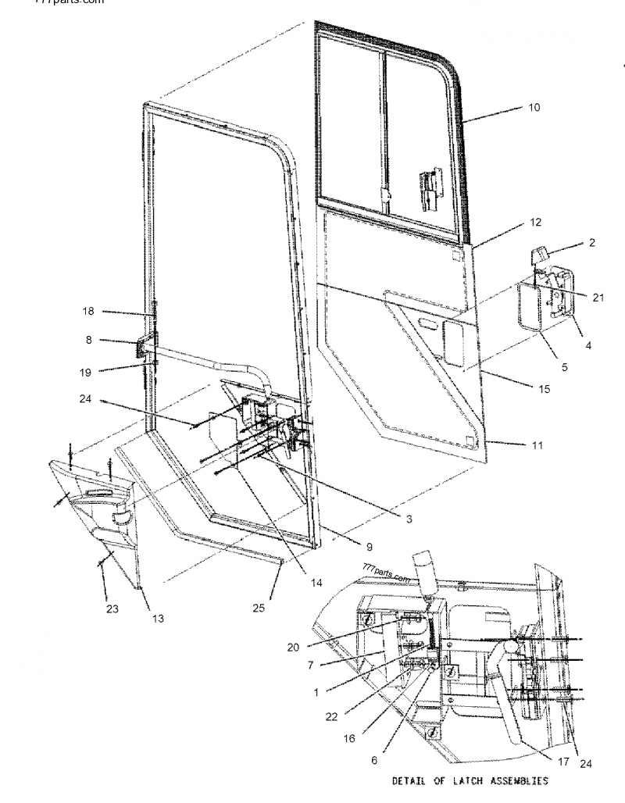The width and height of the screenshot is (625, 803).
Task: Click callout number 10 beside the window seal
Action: click(x=534, y=107)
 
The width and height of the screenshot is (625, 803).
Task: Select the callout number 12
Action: click(x=535, y=223)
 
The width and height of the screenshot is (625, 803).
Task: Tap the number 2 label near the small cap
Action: click(x=591, y=243)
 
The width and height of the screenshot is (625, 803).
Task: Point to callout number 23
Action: click(x=112, y=609)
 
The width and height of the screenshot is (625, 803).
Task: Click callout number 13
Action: click(x=159, y=619)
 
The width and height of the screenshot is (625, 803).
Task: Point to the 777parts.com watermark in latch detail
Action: click(x=386, y=573)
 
